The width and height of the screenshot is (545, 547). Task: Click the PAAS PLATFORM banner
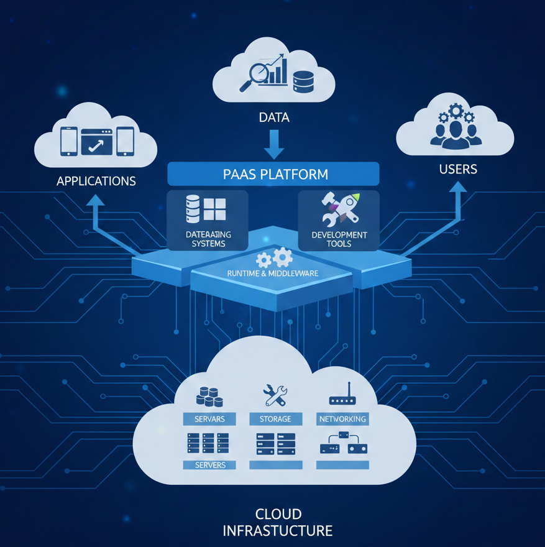[273, 174]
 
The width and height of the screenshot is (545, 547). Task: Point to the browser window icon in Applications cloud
[96, 141]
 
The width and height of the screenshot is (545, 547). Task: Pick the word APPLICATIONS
[96, 182]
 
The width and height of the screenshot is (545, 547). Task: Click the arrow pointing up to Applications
[96, 211]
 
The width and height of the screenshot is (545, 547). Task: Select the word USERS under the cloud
[457, 169]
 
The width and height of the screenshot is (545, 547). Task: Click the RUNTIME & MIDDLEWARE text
[274, 273]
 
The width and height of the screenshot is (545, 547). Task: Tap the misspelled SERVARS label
[209, 419]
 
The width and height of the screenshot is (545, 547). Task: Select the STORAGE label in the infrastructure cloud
[275, 419]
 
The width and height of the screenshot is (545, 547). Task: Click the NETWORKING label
[342, 419]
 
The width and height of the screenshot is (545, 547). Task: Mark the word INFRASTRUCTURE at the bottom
[277, 531]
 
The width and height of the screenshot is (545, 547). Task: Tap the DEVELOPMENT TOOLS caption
[339, 239]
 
